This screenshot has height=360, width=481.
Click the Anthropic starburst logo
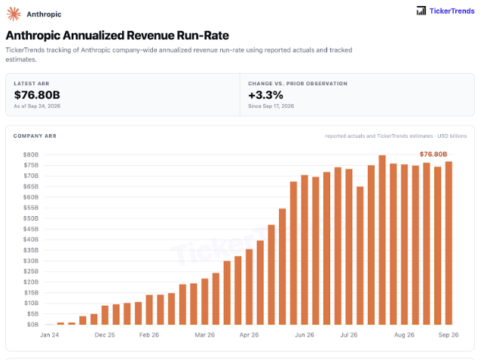[14, 14]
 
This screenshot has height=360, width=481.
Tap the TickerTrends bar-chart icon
[421, 11]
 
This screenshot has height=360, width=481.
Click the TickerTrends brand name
[452, 11]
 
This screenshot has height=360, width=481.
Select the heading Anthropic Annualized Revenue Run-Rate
[117, 35]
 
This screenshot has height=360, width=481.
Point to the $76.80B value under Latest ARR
[37, 95]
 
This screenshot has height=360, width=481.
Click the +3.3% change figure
[265, 95]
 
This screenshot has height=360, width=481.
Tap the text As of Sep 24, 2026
[37, 106]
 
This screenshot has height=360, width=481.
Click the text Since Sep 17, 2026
[271, 106]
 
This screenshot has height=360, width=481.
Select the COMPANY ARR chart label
[35, 136]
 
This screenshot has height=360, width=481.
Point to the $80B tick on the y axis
[31, 154]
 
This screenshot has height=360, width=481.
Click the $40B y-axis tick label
[31, 239]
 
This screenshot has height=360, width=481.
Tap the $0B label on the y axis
[32, 325]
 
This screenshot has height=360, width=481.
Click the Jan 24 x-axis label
[50, 335]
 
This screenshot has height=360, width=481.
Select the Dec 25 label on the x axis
[105, 335]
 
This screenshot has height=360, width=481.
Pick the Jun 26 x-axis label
[305, 335]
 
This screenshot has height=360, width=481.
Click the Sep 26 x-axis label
[449, 335]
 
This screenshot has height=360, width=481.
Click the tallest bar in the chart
[382, 240]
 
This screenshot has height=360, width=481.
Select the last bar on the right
[449, 243]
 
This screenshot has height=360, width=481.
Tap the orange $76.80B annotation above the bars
[434, 154]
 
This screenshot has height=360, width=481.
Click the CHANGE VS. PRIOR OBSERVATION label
[298, 84]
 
